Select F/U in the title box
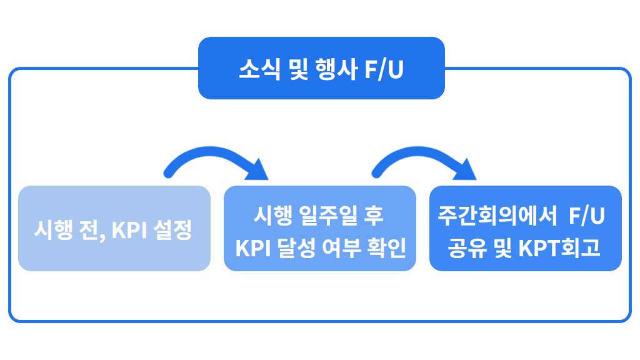coord(384,69)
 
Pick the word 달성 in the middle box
coord(297,248)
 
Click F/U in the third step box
coord(586,216)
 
